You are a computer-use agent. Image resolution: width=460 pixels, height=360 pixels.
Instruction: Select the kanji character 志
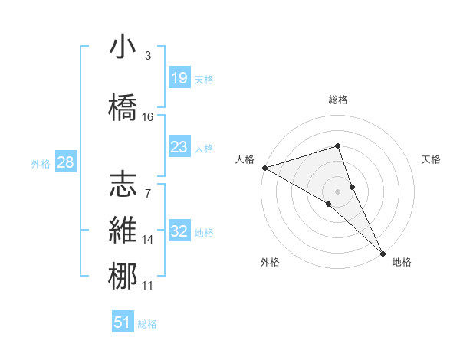pos(123,184)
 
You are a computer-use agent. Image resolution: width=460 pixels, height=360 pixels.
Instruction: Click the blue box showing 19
pos(179,78)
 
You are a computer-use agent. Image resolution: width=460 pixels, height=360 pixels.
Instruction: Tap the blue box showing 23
pos(179,147)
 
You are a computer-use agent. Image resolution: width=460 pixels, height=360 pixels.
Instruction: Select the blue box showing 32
pos(179,231)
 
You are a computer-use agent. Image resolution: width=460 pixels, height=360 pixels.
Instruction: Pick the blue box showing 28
pos(65,162)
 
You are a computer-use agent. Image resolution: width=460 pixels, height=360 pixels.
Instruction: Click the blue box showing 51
pos(123,322)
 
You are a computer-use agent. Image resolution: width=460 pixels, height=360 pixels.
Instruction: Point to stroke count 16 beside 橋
pos(148,116)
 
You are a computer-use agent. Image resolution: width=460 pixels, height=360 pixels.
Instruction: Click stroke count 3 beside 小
pos(148,56)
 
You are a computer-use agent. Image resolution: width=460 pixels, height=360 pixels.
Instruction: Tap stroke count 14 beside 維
pos(148,240)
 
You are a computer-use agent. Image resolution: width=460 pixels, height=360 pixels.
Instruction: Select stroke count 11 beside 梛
pos(148,286)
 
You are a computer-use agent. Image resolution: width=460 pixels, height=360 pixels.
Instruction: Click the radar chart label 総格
pos(338,100)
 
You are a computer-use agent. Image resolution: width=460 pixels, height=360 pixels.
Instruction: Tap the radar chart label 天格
pos(432,159)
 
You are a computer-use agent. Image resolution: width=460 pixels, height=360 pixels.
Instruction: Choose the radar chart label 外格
pos(270,263)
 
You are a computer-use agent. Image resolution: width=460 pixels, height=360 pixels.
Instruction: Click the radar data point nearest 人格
pos(264,167)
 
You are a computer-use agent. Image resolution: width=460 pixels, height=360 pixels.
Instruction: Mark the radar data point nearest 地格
pos(383,251)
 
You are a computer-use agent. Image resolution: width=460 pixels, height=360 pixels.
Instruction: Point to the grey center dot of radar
pos(338,190)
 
